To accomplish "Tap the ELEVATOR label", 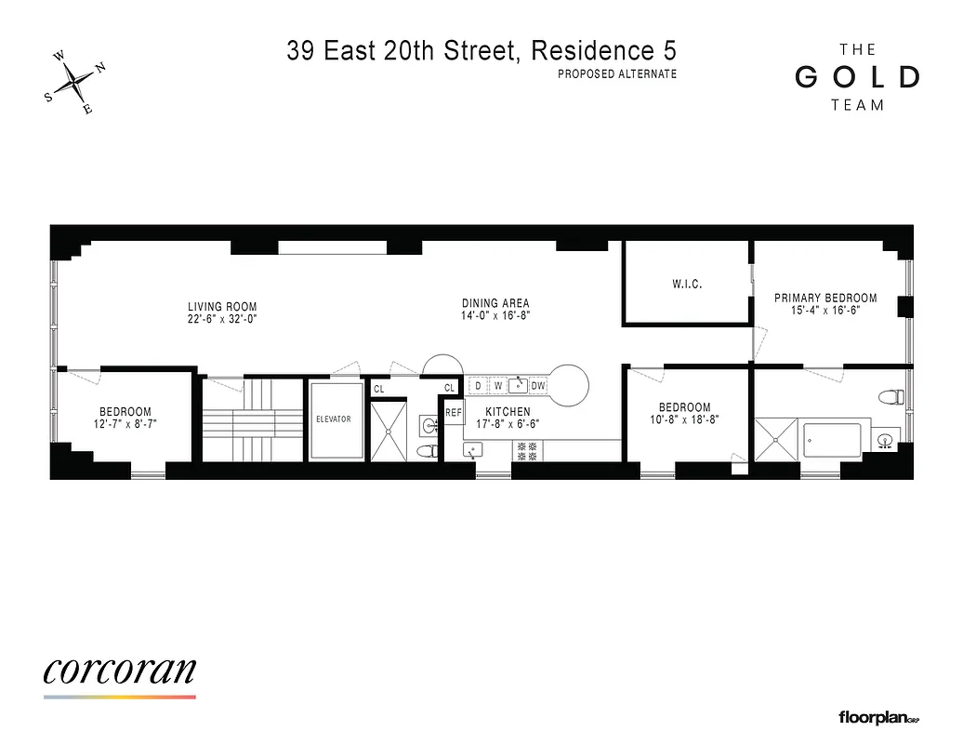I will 333,419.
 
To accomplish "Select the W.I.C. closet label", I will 687,284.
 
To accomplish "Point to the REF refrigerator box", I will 454,412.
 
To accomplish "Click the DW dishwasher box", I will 538,385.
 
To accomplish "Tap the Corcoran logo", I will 119,671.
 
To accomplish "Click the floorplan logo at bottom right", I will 878,717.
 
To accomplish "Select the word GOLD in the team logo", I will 857,77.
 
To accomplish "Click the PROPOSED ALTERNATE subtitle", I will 616,74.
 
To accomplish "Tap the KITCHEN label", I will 509,412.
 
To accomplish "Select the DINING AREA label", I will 495,303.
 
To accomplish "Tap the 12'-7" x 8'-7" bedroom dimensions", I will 125,425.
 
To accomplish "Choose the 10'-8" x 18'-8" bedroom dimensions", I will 684,419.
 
